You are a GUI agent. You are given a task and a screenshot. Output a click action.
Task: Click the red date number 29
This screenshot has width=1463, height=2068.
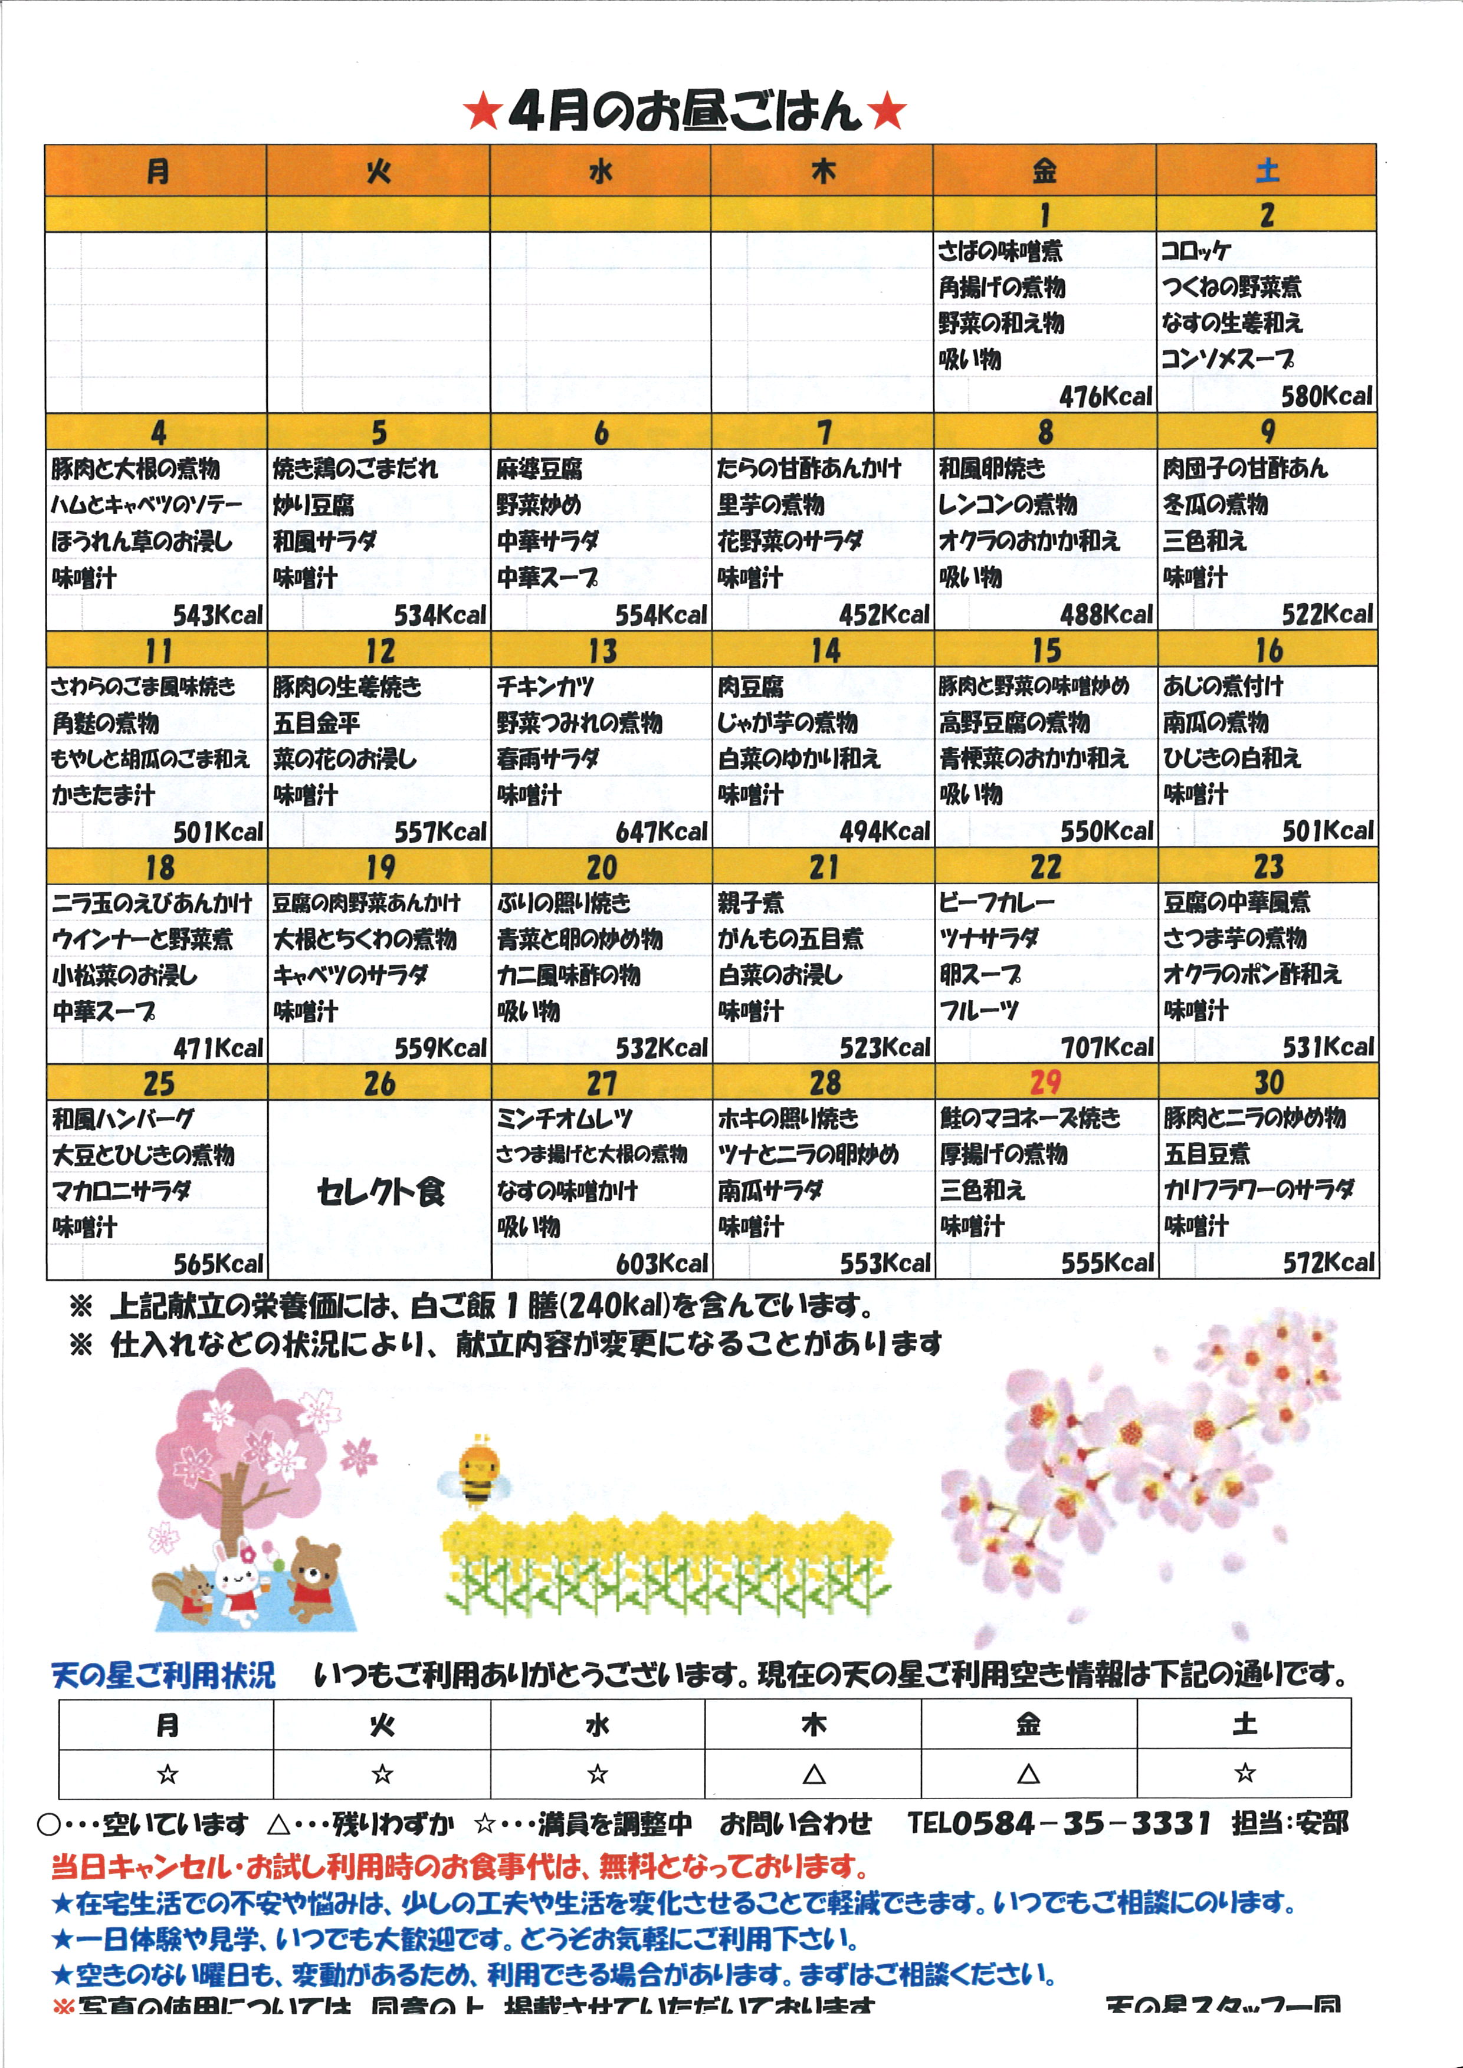coord(1045,1081)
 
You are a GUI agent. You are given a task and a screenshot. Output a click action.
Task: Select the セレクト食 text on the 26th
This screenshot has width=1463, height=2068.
coord(380,1192)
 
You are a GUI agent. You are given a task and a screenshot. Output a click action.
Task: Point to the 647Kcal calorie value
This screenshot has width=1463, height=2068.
coord(661,832)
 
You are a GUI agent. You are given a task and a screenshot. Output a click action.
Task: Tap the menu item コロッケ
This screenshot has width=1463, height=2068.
coord(1195,251)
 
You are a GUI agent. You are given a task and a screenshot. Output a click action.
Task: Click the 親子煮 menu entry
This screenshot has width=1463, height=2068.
coord(750,902)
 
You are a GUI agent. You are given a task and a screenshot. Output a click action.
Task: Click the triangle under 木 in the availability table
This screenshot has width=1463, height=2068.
coord(813,1774)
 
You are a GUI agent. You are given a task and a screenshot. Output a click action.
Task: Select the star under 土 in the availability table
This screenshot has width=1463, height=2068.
coord(1244,1774)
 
